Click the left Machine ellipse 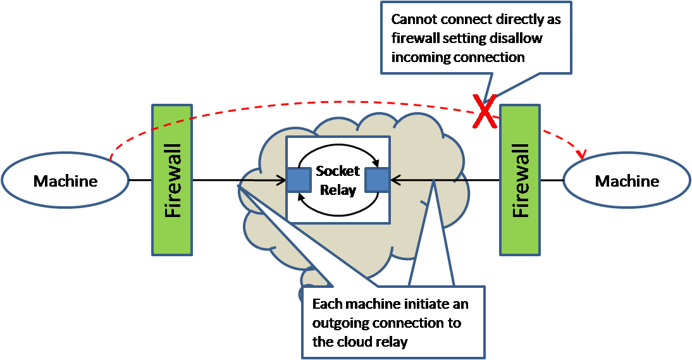pyautogui.click(x=65, y=181)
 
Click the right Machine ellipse pyautogui.click(x=626, y=181)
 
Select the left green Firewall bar pyautogui.click(x=172, y=180)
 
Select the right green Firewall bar pyautogui.click(x=520, y=180)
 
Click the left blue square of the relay pyautogui.click(x=299, y=180)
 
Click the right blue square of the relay pyautogui.click(x=377, y=180)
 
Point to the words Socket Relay pyautogui.click(x=338, y=180)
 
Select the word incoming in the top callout pyautogui.click(x=421, y=58)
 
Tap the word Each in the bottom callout pyautogui.click(x=326, y=304)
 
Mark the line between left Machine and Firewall pyautogui.click(x=140, y=181)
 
